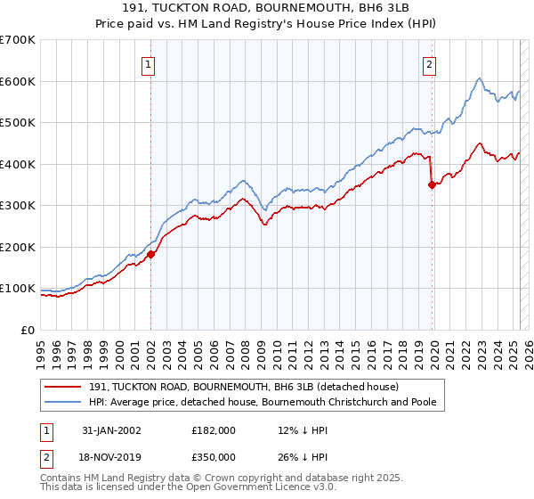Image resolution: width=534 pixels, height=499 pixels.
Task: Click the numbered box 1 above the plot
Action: tap(148, 64)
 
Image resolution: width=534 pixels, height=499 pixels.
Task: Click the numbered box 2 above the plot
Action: tap(429, 64)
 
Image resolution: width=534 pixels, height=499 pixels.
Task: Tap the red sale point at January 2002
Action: tap(151, 254)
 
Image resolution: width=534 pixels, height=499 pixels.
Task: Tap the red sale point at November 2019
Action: tap(433, 185)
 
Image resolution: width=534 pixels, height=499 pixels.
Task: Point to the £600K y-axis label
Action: tap(18, 81)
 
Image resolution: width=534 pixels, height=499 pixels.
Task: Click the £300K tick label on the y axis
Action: tap(18, 206)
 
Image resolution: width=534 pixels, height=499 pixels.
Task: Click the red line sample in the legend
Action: tap(63, 387)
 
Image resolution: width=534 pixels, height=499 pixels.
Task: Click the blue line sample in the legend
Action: tap(63, 402)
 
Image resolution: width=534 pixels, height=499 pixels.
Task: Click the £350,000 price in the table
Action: tap(214, 456)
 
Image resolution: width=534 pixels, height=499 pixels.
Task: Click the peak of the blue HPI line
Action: tap(479, 78)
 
